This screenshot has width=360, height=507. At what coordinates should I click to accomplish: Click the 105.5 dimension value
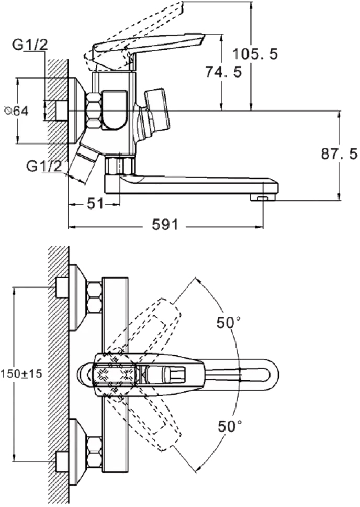(255, 53)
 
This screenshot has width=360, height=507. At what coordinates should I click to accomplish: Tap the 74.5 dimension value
(223, 72)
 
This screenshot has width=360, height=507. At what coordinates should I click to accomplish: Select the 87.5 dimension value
(339, 154)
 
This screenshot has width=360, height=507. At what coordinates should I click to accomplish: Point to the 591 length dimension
(165, 224)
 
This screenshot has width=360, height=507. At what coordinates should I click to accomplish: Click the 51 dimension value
(95, 204)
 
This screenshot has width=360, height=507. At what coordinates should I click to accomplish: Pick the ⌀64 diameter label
(16, 111)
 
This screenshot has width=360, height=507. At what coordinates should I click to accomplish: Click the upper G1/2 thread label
(30, 45)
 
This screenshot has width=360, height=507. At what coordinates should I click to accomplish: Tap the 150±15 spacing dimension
(21, 374)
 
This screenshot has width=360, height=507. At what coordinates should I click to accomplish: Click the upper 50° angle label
(229, 322)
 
